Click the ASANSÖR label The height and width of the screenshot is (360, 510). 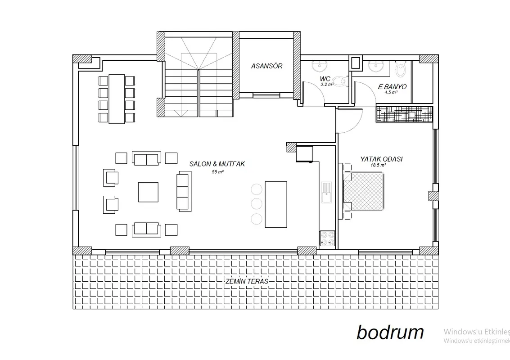[267, 66]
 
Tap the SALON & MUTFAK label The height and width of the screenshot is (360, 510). [217, 164]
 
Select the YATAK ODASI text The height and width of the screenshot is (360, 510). [381, 159]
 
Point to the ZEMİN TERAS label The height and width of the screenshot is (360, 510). [247, 281]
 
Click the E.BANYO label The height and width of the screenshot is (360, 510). [392, 87]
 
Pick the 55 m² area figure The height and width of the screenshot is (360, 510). [217, 172]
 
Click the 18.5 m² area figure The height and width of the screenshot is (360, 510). [378, 165]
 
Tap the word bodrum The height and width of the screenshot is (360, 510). [390, 332]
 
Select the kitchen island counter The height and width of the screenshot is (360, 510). [276, 205]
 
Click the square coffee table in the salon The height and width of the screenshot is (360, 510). [148, 192]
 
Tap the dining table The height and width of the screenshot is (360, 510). [117, 99]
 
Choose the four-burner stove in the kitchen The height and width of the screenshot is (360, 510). [327, 238]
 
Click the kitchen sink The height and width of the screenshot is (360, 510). [326, 193]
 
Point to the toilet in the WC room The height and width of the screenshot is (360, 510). [340, 81]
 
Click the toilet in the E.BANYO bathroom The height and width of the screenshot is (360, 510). [401, 70]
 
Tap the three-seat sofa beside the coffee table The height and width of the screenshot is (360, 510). [184, 191]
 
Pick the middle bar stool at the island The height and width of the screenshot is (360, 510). [257, 203]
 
